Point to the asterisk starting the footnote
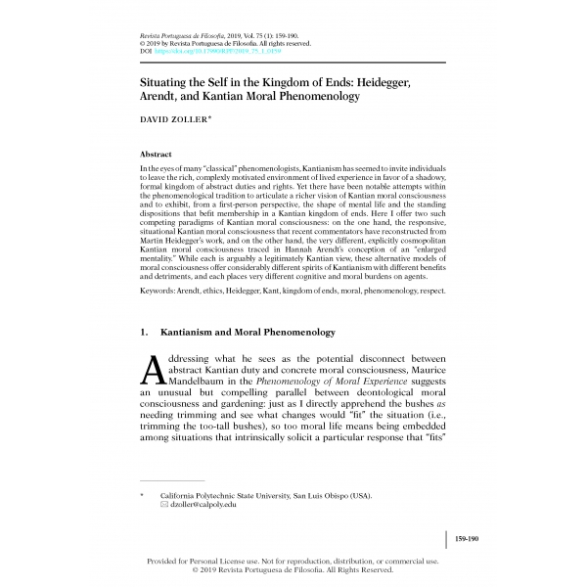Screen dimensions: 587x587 tap(144, 495)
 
